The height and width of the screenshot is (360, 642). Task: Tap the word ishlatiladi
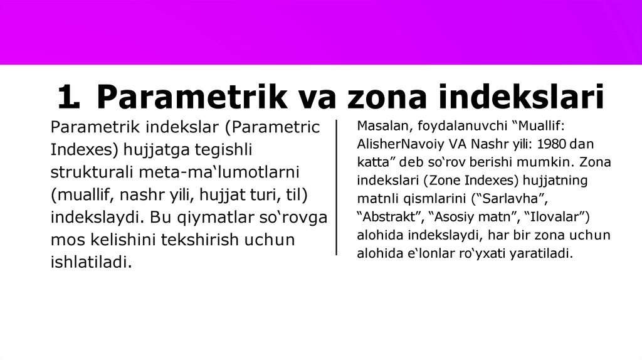point(91,262)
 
